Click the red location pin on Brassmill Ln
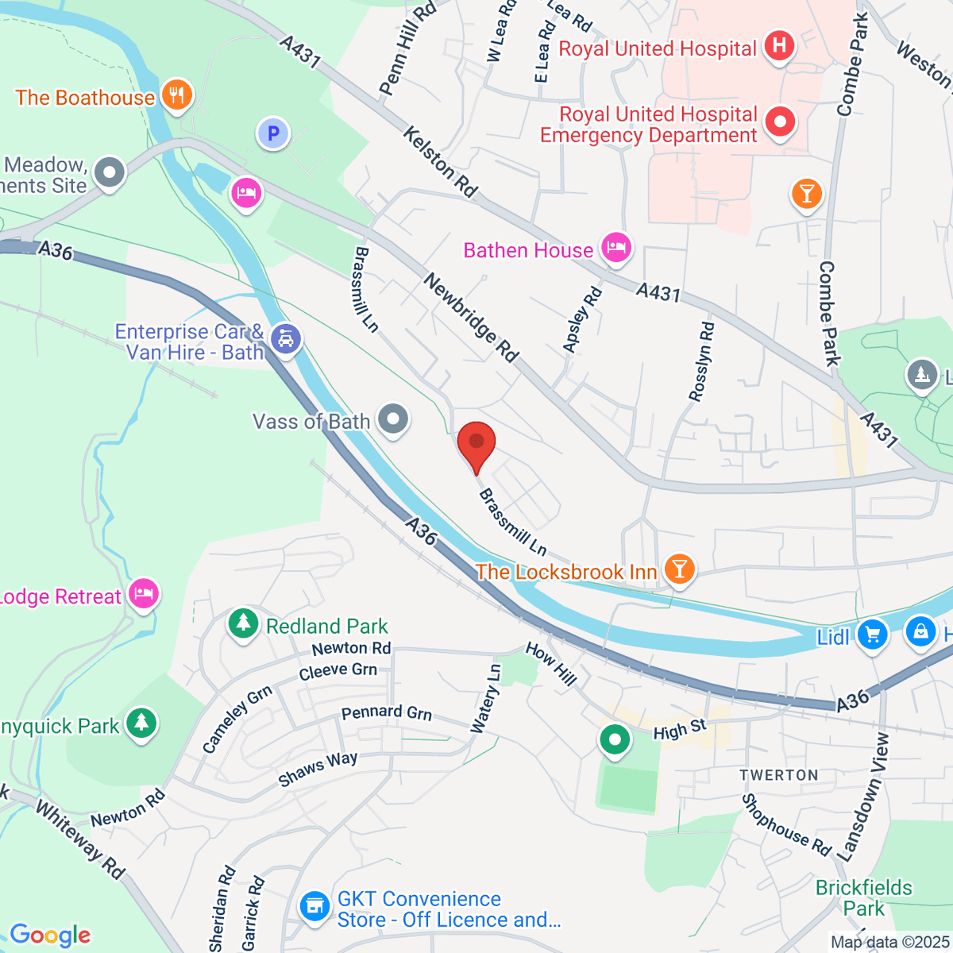click(x=476, y=442)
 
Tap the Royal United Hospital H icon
click(x=779, y=45)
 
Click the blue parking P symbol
click(x=273, y=133)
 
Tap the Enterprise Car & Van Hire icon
click(x=285, y=339)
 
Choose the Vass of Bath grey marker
click(x=392, y=419)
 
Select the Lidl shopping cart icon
click(x=872, y=635)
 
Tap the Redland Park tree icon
click(x=243, y=623)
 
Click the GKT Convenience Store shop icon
click(x=315, y=906)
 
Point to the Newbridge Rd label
click(x=470, y=318)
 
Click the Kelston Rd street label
click(x=441, y=162)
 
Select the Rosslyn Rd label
click(x=702, y=362)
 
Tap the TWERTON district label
click(x=778, y=775)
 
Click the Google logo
click(x=50, y=935)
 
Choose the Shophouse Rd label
click(x=786, y=824)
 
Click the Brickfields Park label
click(x=864, y=897)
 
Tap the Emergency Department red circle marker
click(x=779, y=122)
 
